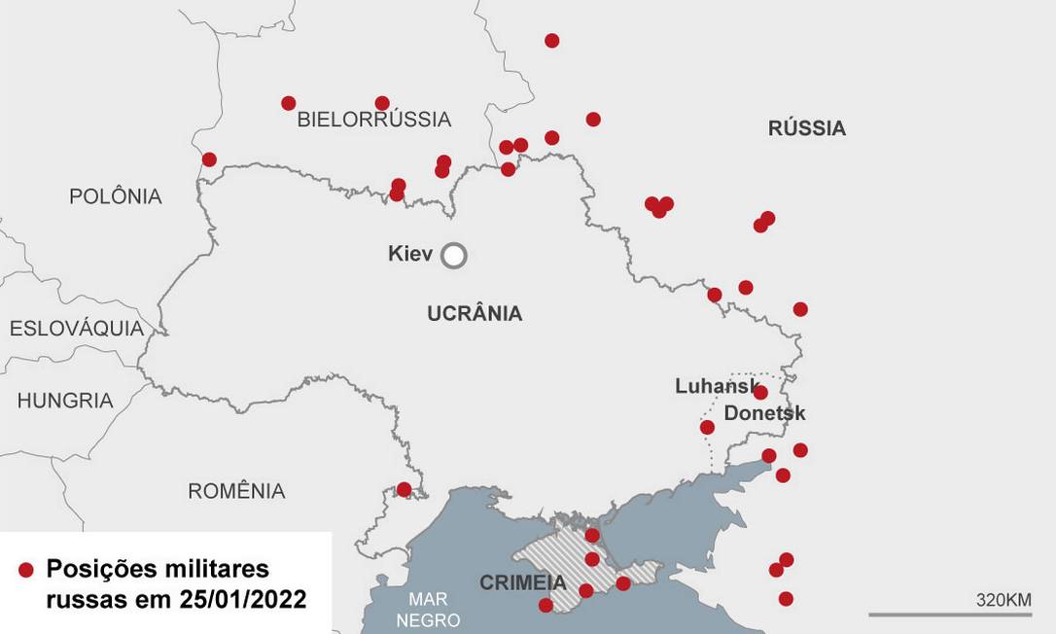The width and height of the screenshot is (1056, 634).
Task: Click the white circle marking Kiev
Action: (453, 256)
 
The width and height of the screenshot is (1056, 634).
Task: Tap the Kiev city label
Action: (409, 254)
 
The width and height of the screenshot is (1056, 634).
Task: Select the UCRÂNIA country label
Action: (475, 313)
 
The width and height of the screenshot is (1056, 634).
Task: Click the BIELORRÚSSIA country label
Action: (373, 120)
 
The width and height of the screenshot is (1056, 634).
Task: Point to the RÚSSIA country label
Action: (806, 128)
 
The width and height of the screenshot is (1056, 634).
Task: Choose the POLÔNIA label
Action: (115, 196)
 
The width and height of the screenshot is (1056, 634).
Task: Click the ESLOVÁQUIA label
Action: (77, 329)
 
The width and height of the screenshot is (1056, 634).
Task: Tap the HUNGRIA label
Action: (65, 401)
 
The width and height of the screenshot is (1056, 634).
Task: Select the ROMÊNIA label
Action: (236, 491)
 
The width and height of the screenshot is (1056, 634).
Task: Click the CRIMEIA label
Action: (522, 583)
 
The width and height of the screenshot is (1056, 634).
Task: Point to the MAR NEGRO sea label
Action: (428, 610)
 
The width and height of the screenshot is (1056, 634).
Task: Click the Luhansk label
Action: (716, 386)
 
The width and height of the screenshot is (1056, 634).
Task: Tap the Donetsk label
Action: (764, 413)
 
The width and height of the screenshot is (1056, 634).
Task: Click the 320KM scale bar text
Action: (1003, 599)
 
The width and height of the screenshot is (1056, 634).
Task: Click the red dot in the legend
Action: (26, 571)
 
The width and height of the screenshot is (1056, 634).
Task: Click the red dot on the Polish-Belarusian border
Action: (209, 159)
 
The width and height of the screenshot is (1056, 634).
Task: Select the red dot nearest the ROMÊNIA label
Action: (404, 489)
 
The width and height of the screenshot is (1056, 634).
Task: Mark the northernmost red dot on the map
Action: (551, 41)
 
